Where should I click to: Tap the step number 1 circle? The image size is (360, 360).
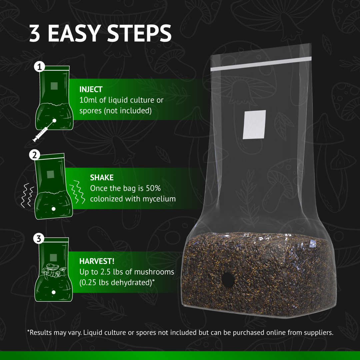click(x=39, y=67)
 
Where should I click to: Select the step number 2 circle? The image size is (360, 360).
click(x=35, y=155)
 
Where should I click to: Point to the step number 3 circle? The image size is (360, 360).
click(x=39, y=239)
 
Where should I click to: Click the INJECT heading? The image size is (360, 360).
click(x=91, y=89)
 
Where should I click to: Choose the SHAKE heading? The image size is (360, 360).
click(x=102, y=178)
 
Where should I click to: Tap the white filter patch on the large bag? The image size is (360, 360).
click(x=254, y=124)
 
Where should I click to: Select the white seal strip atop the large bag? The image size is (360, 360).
click(x=261, y=64)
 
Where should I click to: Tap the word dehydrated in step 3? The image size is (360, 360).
click(x=127, y=283)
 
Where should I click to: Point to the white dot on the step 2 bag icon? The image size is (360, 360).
click(x=53, y=209)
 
